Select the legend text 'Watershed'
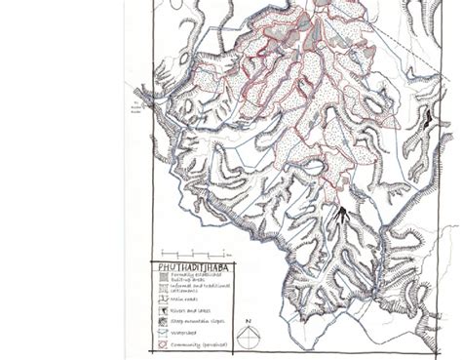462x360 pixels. click(x=185, y=334)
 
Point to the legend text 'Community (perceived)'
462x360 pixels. click(x=201, y=344)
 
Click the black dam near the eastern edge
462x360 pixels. click(x=425, y=122)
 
